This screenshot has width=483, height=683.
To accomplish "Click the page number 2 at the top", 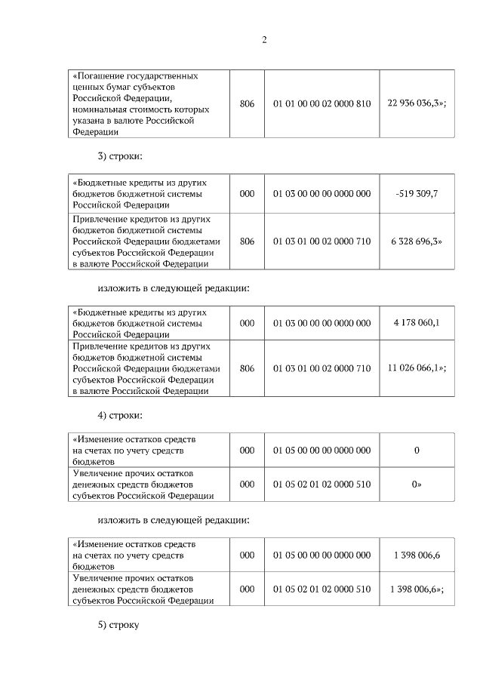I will click(x=264, y=40).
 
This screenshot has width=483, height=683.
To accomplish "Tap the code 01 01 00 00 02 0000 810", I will click(x=321, y=104).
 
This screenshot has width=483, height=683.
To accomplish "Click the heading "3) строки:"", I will click(x=119, y=158).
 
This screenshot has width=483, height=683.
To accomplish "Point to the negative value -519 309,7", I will click(x=417, y=194).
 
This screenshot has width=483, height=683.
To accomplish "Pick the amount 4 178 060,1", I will click(x=417, y=323).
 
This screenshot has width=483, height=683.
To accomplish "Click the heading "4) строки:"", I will click(x=119, y=416).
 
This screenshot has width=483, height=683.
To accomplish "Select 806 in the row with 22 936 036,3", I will click(x=247, y=104).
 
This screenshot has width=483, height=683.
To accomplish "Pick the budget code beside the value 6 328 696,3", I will click(x=321, y=242).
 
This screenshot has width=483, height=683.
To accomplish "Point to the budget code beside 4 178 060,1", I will click(x=321, y=323).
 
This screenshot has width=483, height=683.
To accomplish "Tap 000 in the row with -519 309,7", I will click(x=247, y=194).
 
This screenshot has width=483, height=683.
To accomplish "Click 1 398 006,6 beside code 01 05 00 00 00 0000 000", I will click(x=417, y=555).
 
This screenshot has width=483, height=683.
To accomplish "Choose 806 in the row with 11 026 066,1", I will click(x=247, y=368).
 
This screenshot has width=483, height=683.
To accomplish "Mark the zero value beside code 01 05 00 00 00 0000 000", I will click(x=417, y=451).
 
